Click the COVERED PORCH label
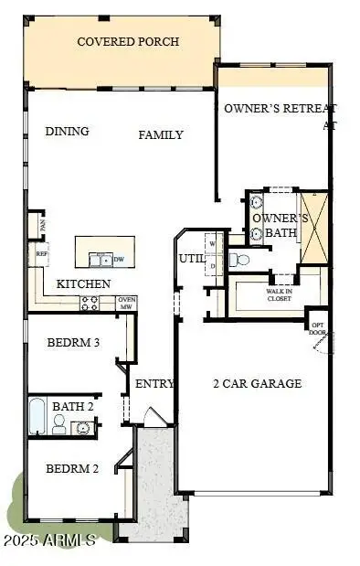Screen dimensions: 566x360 pos(127,42)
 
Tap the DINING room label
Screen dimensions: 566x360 pos(68,132)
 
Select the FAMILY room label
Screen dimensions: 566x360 pos(161,135)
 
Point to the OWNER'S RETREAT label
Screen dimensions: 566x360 pos(281,109)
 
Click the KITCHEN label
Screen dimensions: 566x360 pos(84,284)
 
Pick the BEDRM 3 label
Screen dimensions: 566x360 pos(72,344)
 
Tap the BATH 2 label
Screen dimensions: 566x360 pos(72,406)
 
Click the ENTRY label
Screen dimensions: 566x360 pos(154,384)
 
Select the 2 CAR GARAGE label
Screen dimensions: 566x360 pos(257,384)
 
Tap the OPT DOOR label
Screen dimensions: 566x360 pos(318,328)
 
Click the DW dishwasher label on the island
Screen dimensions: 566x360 pos(119,259)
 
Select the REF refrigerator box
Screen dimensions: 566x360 pos(41,254)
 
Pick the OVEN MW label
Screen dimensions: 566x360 pos(127,303)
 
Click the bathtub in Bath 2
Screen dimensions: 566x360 pos(37,416)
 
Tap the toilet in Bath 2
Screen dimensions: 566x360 pos(58,423)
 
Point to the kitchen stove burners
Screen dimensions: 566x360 pos(90,303)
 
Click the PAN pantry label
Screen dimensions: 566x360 pos(41,222)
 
